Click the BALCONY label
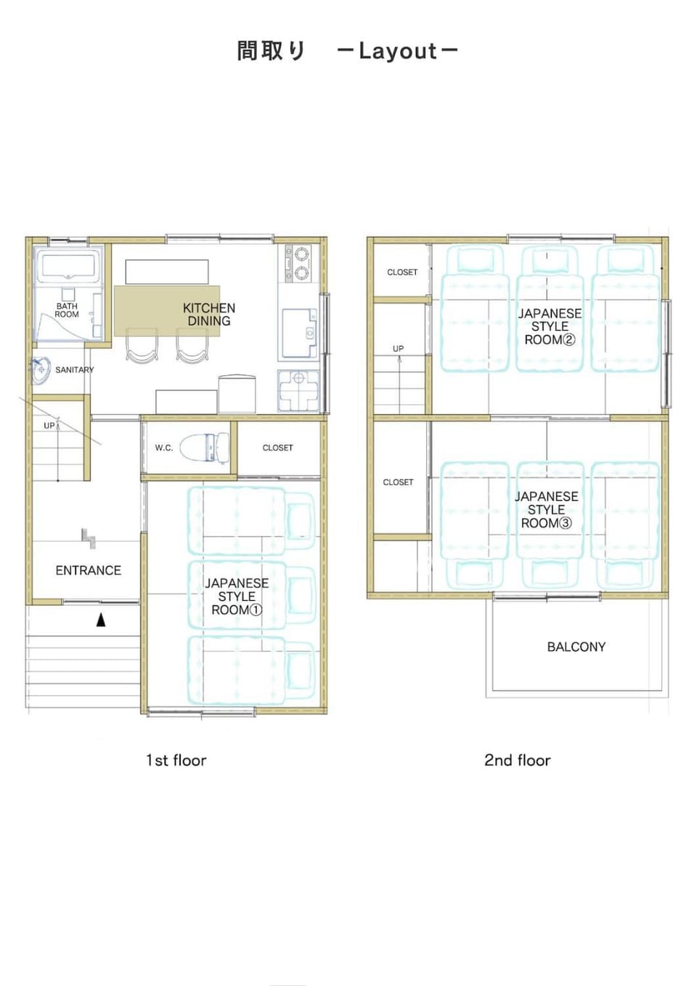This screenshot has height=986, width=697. [576, 647]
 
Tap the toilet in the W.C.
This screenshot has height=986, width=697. [205, 448]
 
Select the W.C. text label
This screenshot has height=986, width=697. [163, 448]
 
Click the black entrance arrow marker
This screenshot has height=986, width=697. [101, 620]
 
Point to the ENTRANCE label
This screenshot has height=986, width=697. [88, 570]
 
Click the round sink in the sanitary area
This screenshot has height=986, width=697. [41, 370]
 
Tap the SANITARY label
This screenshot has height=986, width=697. [74, 370]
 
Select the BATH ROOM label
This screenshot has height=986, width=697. [67, 310]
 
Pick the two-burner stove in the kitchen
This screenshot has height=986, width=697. [298, 264]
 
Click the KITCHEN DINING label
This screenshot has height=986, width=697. [209, 315]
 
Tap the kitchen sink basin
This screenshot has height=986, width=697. [299, 334]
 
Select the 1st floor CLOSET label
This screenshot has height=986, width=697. [277, 448]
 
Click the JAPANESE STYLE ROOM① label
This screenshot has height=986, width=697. [237, 597]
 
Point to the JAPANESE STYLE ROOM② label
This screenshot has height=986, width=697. [550, 327]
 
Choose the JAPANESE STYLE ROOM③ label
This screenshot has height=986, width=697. [546, 510]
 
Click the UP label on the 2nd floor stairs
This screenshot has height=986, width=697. [398, 349]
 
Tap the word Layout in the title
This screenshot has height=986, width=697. [398, 52]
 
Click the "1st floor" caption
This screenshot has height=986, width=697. [176, 761]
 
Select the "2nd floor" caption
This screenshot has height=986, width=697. [517, 761]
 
